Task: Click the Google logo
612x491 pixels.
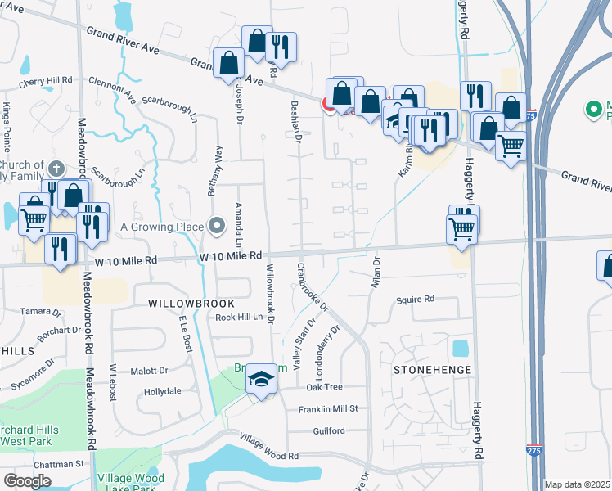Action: tap(28, 481)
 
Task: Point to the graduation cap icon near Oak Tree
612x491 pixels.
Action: tap(262, 379)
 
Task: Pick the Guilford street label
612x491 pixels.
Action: tap(329, 430)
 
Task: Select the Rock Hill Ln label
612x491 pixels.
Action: tap(237, 318)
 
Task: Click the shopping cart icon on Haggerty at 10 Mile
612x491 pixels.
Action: tap(462, 228)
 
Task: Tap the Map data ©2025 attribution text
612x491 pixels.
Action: tap(577, 484)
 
